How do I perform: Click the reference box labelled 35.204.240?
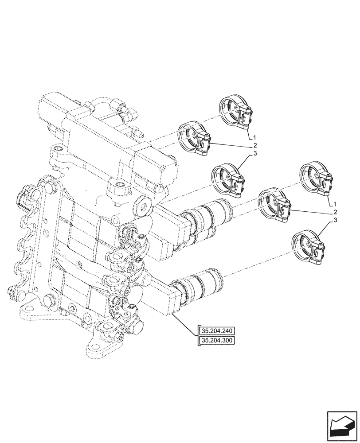[x=217, y=331]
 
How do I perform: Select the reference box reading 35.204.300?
[x=217, y=340]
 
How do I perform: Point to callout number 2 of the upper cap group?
[x=255, y=145]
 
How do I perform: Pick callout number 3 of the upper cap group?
[x=255, y=153]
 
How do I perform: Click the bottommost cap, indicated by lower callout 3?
[x=307, y=249]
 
